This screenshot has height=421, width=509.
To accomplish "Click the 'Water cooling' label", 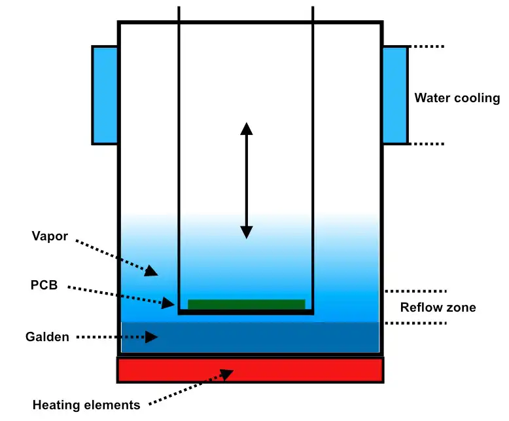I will click(x=457, y=98).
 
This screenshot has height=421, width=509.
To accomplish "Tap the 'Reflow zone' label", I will click(x=438, y=308).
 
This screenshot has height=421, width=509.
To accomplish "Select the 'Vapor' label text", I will click(x=50, y=236).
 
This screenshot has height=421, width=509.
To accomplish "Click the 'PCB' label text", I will click(x=44, y=285).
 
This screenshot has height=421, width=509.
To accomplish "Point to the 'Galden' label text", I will click(x=47, y=337).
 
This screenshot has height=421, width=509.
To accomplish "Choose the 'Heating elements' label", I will click(x=86, y=405).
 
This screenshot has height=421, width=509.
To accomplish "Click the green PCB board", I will click(x=246, y=304).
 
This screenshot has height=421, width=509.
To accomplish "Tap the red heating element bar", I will click(x=250, y=370).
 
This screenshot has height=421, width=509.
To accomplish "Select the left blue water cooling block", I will click(x=105, y=95).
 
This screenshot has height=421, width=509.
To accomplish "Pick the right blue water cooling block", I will click(x=395, y=95).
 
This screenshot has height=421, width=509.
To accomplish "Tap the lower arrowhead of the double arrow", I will click(x=246, y=232).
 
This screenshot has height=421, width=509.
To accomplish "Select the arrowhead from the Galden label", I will click(x=152, y=337).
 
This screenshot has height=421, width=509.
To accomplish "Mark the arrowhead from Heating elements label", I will click(x=227, y=374).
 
